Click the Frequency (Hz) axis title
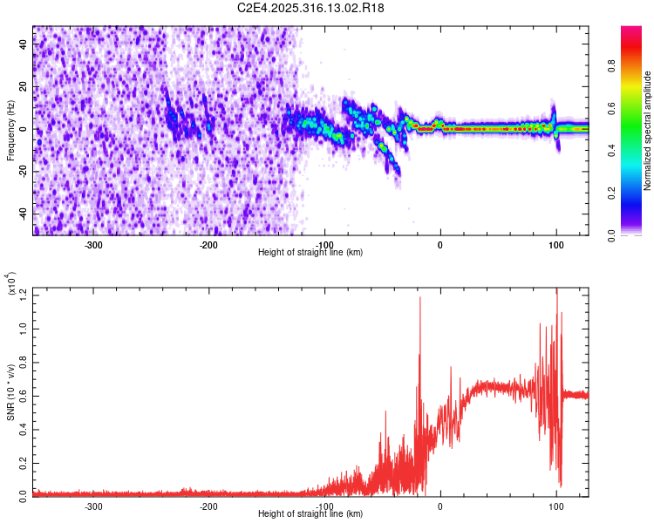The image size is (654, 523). click(x=11, y=130)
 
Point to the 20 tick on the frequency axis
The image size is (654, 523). click(x=24, y=87)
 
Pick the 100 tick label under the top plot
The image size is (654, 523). click(x=556, y=245)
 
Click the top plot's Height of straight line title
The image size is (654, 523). click(x=311, y=253)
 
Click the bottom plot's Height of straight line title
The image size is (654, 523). click(x=311, y=514)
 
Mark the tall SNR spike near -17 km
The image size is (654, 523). click(x=420, y=301)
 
